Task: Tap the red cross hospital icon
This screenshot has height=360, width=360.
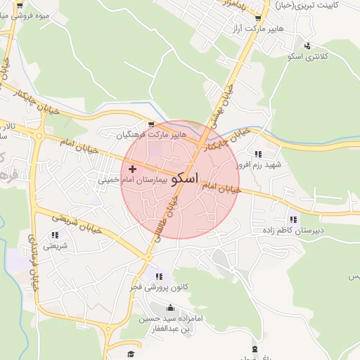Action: pos(132,169)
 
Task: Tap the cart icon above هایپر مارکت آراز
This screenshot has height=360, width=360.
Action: pos(258,18)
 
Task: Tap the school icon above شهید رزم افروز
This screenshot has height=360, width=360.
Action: pos(258,154)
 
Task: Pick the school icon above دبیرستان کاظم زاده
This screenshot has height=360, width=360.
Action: pos(292,219)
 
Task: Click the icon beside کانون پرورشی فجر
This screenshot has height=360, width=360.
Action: pos(159,276)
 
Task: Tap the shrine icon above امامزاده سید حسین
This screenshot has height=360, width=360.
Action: pos(169,308)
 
